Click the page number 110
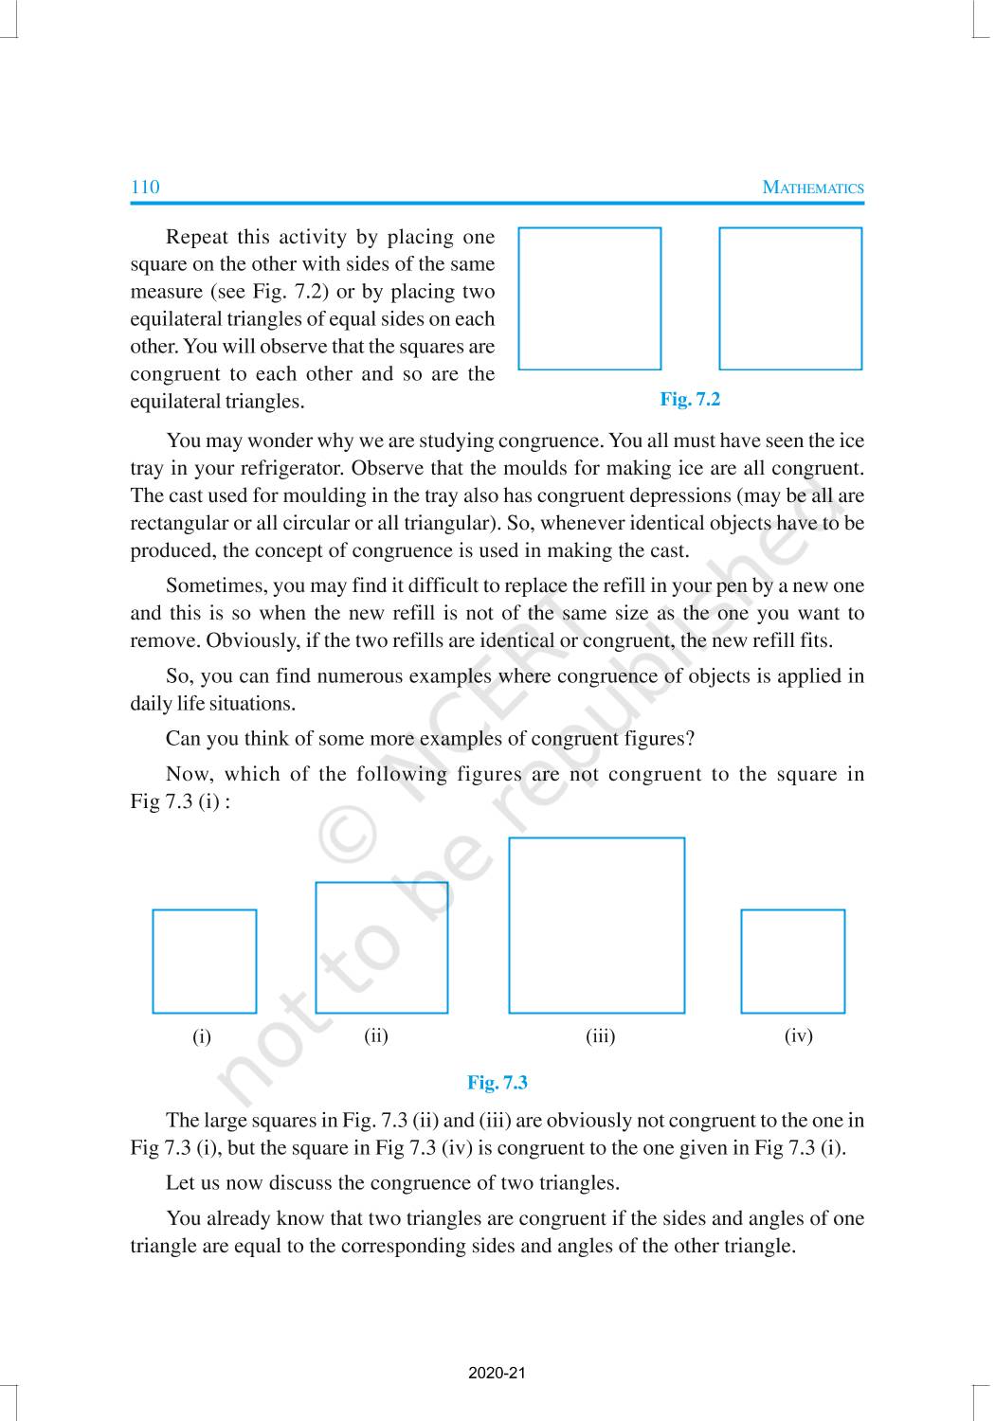coord(145,187)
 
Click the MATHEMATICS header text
coord(813,188)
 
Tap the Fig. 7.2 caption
coord(690,399)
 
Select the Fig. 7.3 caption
coord(497,1082)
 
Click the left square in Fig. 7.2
coord(589,298)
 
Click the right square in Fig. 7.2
coord(790,298)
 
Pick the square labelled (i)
coord(205,962)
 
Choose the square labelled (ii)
coord(381,947)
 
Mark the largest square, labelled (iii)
coord(596,926)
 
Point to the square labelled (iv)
coord(792,962)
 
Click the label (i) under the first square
coord(202,1036)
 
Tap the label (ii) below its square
coord(376,1035)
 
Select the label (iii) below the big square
coord(600,1036)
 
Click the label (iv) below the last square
coord(799,1036)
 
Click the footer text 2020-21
coord(497,1373)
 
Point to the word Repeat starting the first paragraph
coord(197,237)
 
